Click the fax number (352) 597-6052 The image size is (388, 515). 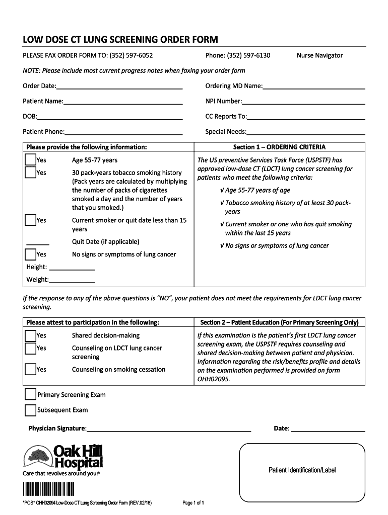130,55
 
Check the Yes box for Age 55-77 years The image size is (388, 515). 30,160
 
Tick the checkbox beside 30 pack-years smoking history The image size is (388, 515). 30,173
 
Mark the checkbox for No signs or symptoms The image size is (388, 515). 30,254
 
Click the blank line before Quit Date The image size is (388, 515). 37,243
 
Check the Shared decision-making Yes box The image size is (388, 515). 30,335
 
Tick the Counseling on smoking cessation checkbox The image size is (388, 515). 30,369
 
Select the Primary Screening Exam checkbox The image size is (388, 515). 30,394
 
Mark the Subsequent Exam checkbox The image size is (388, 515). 30,410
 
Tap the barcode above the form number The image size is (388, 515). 48,489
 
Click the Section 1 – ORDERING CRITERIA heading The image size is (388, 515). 279,147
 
